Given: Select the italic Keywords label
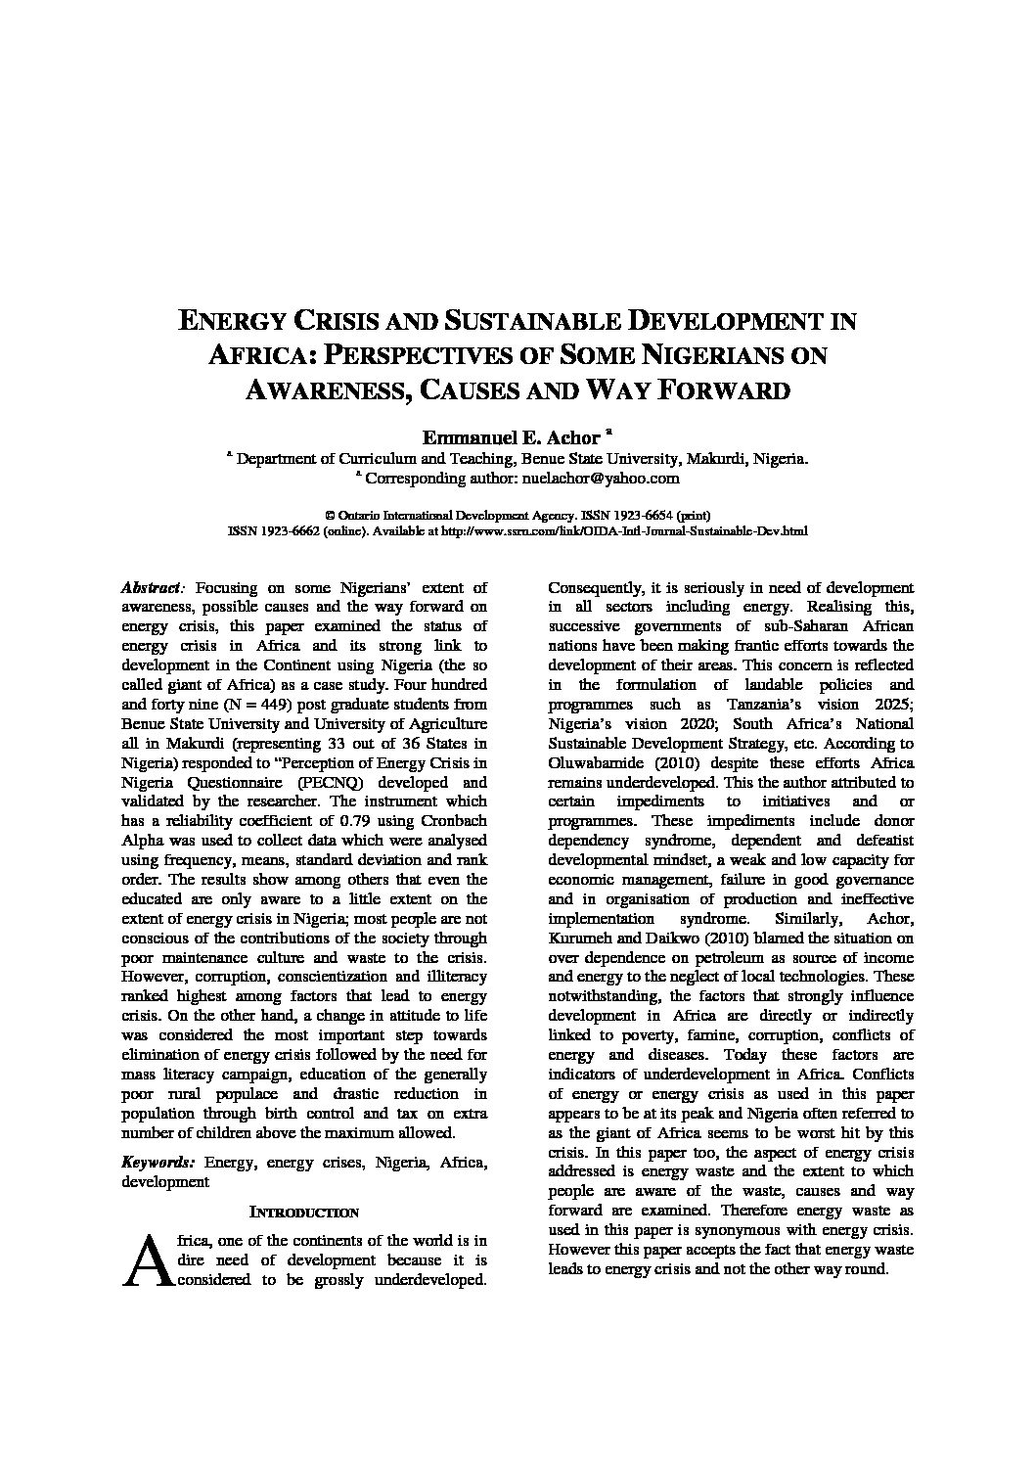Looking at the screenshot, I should point(158,1163).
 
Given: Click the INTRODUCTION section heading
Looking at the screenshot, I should point(304,1213).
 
